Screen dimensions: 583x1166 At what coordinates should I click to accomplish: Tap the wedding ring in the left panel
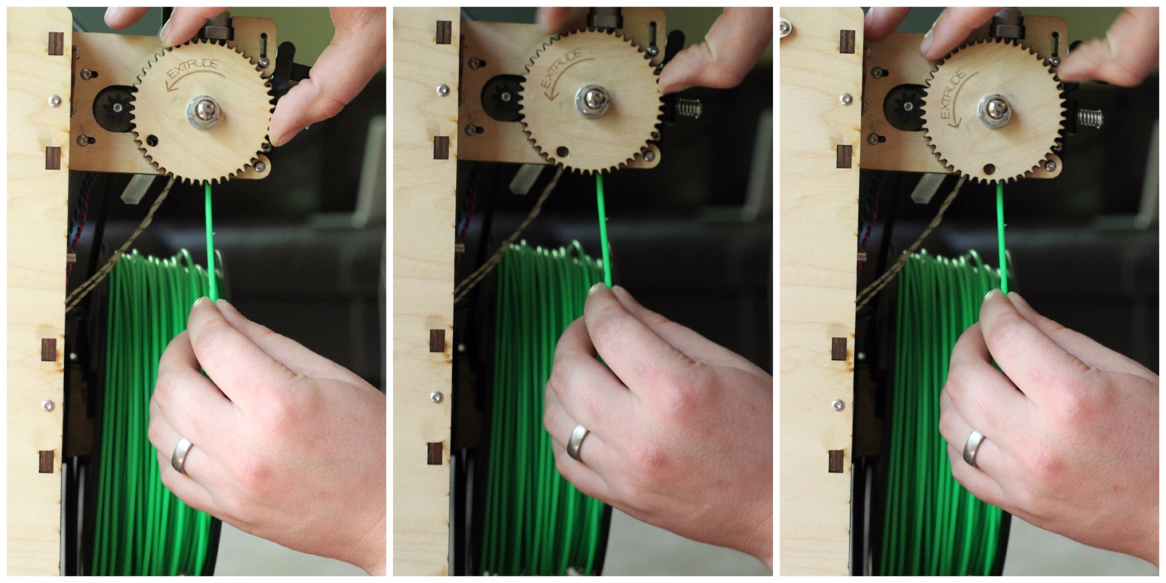(x=181, y=455)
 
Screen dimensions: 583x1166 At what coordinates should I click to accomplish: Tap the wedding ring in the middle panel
(x=577, y=442)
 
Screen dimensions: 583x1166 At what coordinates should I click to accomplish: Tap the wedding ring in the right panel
(x=975, y=447)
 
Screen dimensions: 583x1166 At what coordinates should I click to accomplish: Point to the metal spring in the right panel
(x=1089, y=117)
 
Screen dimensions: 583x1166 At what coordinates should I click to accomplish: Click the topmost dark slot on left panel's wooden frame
(x=55, y=44)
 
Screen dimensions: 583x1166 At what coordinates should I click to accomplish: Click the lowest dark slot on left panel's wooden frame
(x=46, y=461)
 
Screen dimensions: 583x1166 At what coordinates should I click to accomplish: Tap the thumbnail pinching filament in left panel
(x=203, y=304)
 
